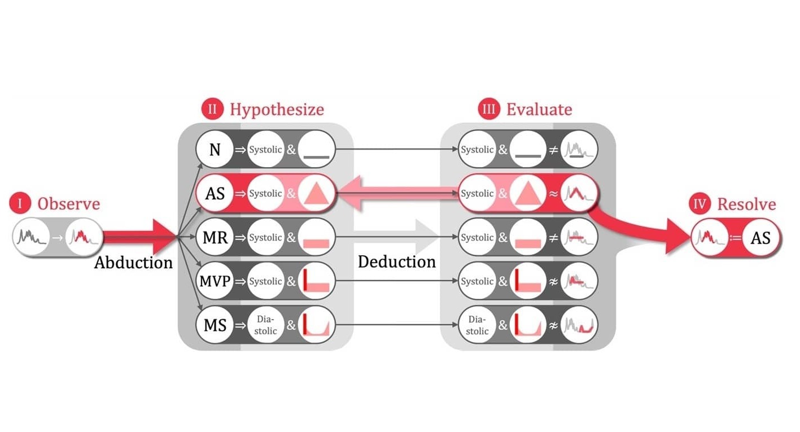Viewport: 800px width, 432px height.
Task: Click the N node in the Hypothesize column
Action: [215, 150]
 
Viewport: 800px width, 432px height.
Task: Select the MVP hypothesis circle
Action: [215, 281]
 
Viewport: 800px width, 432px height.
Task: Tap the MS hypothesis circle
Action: [215, 325]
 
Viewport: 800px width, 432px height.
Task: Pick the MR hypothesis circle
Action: [215, 237]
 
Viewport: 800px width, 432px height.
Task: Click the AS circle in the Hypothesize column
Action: [215, 193]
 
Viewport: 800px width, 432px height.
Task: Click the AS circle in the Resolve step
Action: [760, 238]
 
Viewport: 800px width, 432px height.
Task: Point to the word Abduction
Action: [133, 263]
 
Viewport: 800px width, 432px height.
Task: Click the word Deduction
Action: [397, 261]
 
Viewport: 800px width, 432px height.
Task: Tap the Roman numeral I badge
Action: [21, 204]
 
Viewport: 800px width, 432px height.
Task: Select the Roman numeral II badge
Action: [212, 109]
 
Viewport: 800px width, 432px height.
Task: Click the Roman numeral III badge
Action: [488, 109]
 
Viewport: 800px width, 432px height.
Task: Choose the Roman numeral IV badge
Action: [700, 204]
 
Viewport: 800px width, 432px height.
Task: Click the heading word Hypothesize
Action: [277, 109]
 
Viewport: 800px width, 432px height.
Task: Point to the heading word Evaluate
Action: [539, 109]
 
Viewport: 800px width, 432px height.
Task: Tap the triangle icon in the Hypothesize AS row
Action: [317, 194]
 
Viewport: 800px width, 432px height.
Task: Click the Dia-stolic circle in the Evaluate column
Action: [477, 325]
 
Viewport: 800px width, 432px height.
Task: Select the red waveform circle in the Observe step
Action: [84, 238]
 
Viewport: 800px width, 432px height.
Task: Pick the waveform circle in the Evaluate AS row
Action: [579, 193]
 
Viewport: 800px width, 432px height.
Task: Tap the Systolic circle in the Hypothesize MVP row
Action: [265, 281]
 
